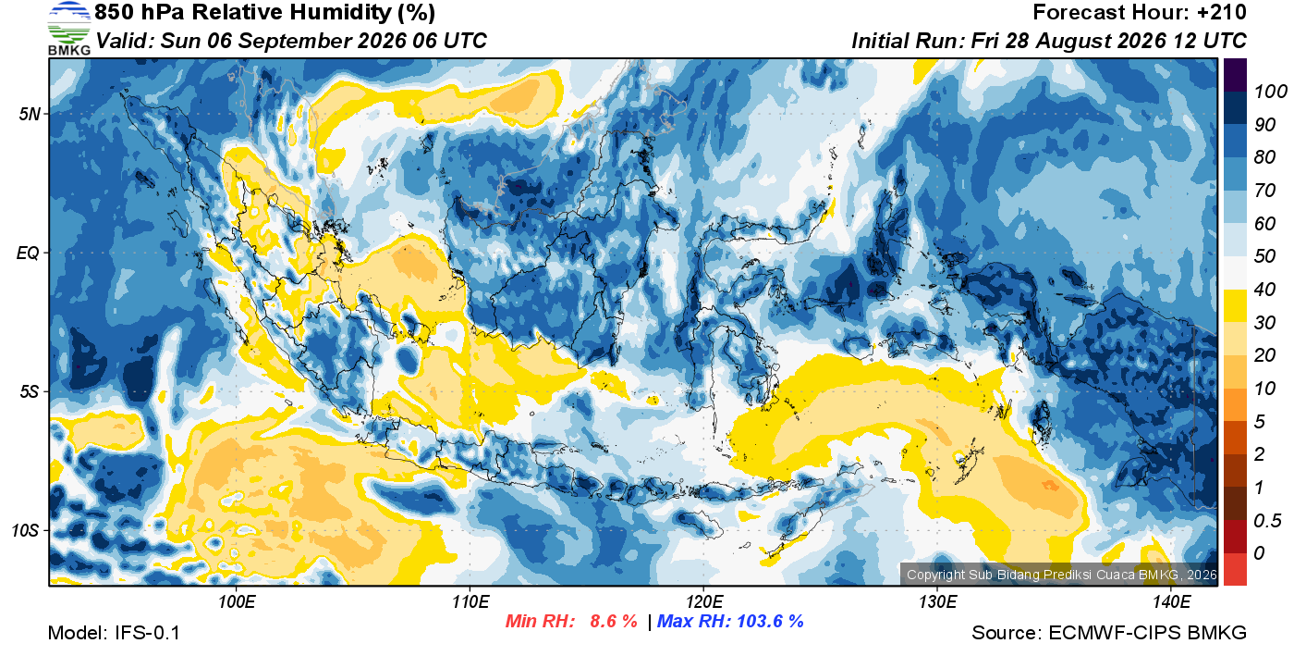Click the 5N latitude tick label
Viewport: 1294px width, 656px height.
[30, 114]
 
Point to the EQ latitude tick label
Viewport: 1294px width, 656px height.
[28, 253]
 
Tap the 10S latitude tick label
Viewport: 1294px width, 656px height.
[24, 530]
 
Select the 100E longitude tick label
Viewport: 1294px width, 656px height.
[237, 601]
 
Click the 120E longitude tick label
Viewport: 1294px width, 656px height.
[703, 601]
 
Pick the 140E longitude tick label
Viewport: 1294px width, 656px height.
[1171, 601]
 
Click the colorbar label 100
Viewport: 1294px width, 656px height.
[1270, 92]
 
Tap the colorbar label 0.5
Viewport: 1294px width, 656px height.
[1267, 521]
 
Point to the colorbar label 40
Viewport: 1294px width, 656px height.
[1264, 290]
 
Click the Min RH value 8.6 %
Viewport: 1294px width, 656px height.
[614, 621]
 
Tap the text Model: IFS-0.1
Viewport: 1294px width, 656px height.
[114, 633]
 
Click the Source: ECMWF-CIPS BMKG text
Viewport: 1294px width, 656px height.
[1108, 633]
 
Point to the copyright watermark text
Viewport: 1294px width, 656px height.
[1062, 575]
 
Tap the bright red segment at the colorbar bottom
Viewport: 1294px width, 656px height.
[1235, 569]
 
